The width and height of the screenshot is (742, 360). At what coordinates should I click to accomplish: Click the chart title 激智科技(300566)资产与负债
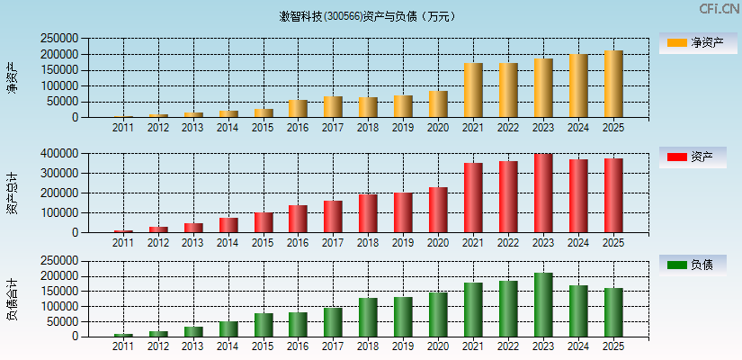click(x=367, y=16)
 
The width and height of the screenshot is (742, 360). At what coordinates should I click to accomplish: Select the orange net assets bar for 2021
click(x=473, y=90)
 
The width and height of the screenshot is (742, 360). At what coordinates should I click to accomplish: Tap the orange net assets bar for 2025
click(x=613, y=84)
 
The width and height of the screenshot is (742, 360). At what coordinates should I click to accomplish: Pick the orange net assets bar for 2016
click(x=298, y=108)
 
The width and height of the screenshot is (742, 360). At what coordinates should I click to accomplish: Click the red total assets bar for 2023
click(x=543, y=193)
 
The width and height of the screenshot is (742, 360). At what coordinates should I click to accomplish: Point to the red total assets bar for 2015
click(x=263, y=221)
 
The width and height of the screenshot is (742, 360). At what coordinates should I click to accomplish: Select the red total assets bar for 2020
click(x=438, y=209)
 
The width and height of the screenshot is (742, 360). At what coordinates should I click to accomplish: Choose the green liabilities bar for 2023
click(x=543, y=304)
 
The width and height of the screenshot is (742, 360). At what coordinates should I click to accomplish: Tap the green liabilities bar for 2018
click(x=368, y=317)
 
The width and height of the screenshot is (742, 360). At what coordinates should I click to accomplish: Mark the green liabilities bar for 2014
click(x=228, y=328)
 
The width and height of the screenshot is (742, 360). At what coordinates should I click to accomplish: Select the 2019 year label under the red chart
click(x=403, y=242)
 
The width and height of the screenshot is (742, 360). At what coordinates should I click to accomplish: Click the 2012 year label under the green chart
click(x=157, y=346)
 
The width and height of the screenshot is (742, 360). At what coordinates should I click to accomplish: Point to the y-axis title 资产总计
click(x=12, y=193)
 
